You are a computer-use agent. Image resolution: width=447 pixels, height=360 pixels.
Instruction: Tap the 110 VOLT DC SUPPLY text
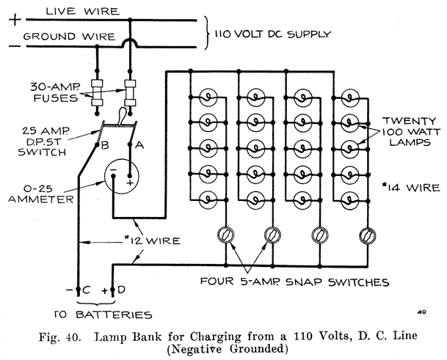272,34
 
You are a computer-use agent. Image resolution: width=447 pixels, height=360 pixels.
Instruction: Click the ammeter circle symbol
120,174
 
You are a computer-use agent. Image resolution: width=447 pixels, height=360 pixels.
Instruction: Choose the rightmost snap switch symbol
366,235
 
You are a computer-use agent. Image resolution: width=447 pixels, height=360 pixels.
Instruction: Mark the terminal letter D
122,289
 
